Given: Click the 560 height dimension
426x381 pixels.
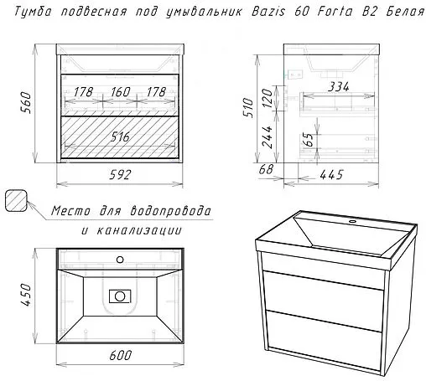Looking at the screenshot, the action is point(26,102).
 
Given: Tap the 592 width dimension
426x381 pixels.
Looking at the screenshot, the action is point(120,175).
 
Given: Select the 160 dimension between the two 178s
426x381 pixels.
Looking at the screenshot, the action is point(121,92).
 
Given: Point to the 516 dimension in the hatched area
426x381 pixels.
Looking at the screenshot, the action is point(120,136).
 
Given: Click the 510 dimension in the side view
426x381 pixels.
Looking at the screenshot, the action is point(248,108).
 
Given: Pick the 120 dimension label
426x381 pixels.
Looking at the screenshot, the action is point(268,99).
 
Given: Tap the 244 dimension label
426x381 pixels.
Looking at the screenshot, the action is point(267,137).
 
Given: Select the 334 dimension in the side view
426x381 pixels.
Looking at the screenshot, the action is point(339,87).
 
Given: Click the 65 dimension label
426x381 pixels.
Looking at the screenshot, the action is point(308,139).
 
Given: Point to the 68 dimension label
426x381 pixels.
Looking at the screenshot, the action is point(266,169).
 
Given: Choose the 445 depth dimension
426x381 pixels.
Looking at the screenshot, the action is point(331,175).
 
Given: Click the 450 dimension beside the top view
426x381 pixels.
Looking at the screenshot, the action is point(26,295).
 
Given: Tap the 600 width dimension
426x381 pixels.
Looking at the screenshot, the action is point(121,355).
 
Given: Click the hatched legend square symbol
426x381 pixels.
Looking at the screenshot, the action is point(16,201).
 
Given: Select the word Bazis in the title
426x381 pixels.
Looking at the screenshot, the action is point(268,12).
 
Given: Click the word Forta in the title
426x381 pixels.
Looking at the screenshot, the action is point(335,12).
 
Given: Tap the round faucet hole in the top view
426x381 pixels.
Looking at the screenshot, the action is point(120,260).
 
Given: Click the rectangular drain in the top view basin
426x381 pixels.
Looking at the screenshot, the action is point(120,296).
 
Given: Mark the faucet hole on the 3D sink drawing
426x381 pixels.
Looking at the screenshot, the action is point(352,222).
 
